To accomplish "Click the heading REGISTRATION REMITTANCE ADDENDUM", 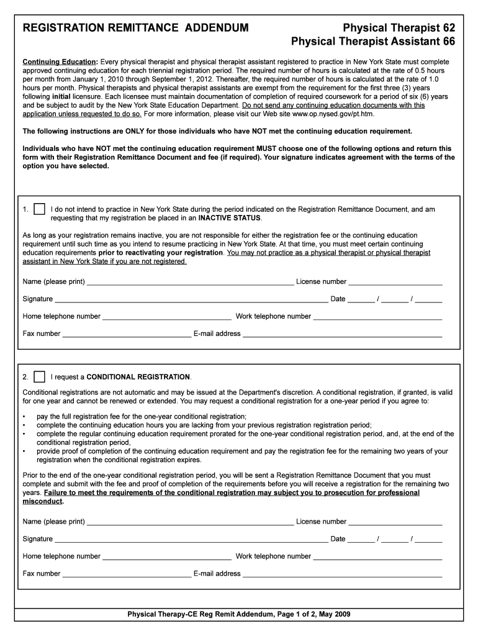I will [136, 28].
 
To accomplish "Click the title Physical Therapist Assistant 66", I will [373, 42].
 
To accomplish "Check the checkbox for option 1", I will [39, 209].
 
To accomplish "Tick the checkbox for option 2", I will [39, 377].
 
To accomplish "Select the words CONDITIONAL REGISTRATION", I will [138, 377].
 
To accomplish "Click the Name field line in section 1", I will [190, 283].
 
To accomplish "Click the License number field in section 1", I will [395, 283].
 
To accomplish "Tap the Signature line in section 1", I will [191, 300].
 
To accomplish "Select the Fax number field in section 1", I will [127, 335].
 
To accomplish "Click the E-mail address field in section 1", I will [342, 335].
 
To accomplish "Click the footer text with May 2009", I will [239, 614].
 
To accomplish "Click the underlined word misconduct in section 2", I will [40, 501].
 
